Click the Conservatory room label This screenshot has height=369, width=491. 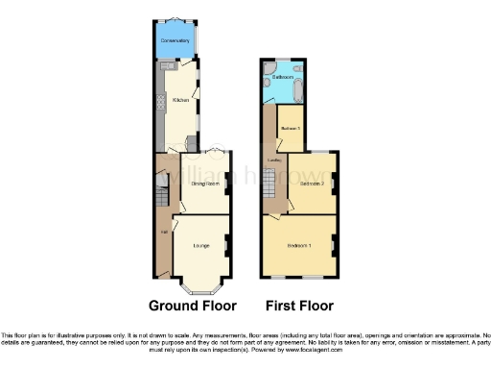[176, 41]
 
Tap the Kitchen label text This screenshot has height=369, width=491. [179, 99]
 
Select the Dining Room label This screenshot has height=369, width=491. [206, 183]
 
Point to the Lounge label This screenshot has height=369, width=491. [201, 246]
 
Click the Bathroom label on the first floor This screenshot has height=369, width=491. [282, 76]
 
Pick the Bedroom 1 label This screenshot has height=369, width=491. [299, 244]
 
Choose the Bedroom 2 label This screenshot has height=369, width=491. [310, 183]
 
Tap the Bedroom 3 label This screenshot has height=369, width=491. [291, 128]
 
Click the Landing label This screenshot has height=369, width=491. [273, 160]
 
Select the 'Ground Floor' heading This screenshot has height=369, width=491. [192, 307]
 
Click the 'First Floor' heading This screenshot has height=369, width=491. [300, 307]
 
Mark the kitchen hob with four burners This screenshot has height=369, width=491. [160, 107]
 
